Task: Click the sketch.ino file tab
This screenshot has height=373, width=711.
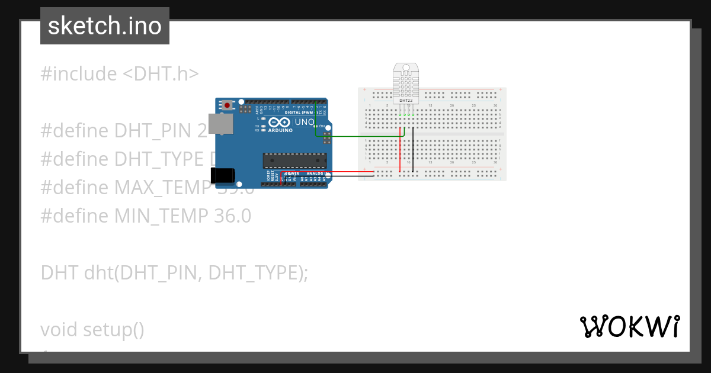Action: point(105,26)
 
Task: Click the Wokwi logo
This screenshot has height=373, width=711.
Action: point(629,327)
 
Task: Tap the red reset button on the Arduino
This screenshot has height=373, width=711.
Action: point(226,105)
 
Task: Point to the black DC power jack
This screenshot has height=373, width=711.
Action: point(223,175)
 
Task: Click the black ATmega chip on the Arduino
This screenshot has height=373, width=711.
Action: point(294,160)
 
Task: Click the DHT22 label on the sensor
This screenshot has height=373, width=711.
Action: point(406,101)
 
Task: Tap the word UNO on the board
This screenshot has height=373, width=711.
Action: point(304,123)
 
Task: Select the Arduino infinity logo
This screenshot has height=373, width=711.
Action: point(278,123)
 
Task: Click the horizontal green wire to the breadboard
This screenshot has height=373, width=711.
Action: point(361,136)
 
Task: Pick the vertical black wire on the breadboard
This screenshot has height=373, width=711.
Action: point(413,151)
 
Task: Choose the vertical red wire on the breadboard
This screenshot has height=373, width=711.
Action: point(401,151)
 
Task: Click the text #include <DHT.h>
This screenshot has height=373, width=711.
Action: point(120,74)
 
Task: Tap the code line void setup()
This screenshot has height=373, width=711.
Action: point(92,330)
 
